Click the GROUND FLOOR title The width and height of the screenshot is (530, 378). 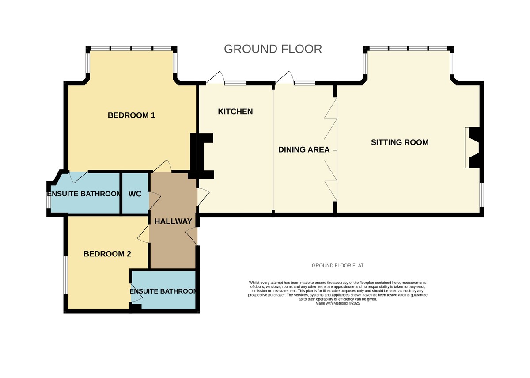coord(273,49)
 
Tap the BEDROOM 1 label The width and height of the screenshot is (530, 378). coord(131,115)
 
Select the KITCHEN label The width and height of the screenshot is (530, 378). coord(235,111)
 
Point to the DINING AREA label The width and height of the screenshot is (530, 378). coord(304,149)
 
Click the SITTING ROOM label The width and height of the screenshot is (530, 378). coord(400,142)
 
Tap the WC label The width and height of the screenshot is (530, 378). coord(135,194)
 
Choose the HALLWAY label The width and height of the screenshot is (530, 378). coord(173,221)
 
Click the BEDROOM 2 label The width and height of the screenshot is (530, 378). coord(107,254)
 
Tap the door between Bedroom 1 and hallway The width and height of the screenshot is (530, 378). coord(162,166)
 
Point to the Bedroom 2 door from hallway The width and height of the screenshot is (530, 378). coord(144,233)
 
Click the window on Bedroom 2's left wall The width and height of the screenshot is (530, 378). coord(65,275)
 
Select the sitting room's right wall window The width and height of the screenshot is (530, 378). coord(481,195)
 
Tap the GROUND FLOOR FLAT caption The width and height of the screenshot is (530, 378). coord(337,266)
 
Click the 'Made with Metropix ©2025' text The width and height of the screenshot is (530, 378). coord(337,303)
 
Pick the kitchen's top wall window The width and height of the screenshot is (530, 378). coord(235,83)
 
